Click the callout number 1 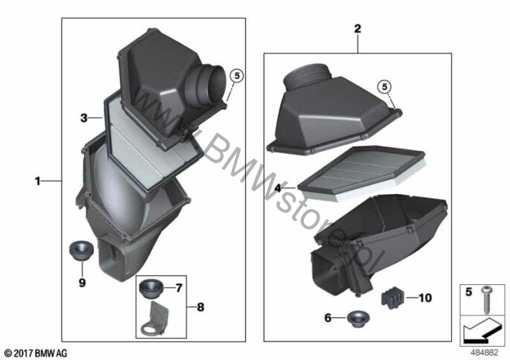[x=38, y=181]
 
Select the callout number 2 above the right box [x=358, y=29]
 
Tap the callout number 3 [x=84, y=118]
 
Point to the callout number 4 [x=278, y=188]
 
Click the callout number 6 [x=328, y=318]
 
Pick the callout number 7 [x=179, y=288]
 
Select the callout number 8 [x=201, y=307]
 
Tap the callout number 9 [x=83, y=282]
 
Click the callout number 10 [x=425, y=298]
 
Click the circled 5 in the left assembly [x=236, y=76]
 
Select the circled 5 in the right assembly [x=385, y=87]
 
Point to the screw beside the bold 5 [x=486, y=300]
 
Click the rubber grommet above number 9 [x=82, y=251]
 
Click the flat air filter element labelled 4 [x=361, y=174]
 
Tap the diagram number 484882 [x=484, y=352]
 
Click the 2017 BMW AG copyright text [x=36, y=353]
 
